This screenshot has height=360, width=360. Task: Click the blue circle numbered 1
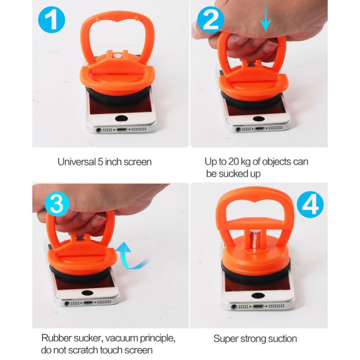[x=52, y=20]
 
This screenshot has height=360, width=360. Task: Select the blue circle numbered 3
[x=57, y=203]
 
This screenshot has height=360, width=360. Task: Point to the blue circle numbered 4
[x=310, y=205]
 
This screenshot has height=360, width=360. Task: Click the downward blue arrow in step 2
[x=266, y=16]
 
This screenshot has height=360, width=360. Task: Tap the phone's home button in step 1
[x=121, y=118]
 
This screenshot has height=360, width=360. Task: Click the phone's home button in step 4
[x=257, y=296]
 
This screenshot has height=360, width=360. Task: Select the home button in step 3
[x=88, y=293]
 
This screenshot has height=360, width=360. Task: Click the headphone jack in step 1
[x=99, y=130]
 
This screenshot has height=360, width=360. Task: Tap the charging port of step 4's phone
[x=258, y=306]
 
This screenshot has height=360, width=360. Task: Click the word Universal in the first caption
[x=76, y=162]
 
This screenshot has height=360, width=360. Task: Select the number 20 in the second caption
[x=234, y=161]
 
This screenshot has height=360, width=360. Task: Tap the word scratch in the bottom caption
[x=83, y=350]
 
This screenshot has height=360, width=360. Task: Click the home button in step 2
[x=259, y=119]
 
